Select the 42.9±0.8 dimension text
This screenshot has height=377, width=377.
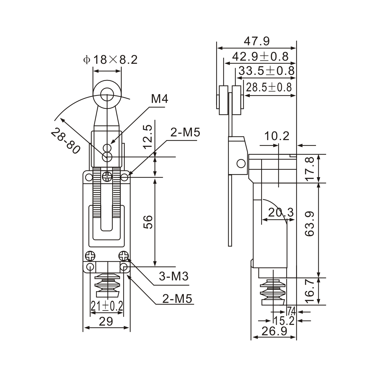click(x=260, y=56)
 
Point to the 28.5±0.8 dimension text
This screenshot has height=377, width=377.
click(x=269, y=87)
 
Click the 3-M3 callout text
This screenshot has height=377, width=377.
click(x=173, y=277)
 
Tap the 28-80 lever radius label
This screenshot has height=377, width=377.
click(x=65, y=141)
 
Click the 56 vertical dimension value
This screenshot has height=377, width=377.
click(x=148, y=222)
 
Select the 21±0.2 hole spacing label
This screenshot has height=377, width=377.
click(x=107, y=306)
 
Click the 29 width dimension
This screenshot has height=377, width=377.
click(x=106, y=321)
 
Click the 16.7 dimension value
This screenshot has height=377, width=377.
click(x=310, y=291)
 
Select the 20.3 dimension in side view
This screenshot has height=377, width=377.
click(x=281, y=212)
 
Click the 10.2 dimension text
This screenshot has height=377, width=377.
click(x=277, y=136)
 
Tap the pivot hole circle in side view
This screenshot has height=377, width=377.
click(x=241, y=163)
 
